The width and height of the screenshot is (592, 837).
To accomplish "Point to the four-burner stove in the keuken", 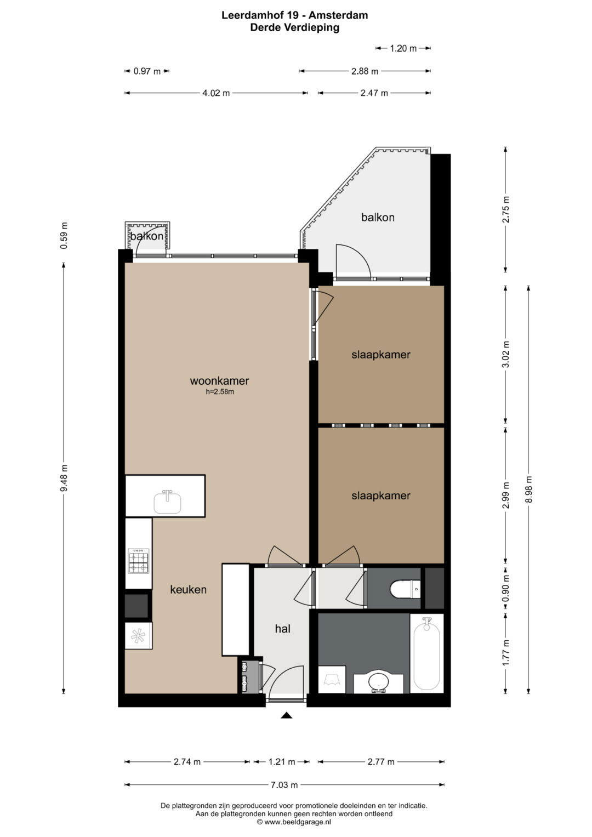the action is [x=138, y=561].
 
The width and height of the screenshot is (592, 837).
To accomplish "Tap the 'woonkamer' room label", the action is [x=219, y=381].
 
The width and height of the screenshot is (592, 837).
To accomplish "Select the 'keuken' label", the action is [x=188, y=589].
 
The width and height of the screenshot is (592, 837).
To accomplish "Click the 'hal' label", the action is [x=282, y=629].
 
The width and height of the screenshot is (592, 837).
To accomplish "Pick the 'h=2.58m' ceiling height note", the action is [x=220, y=392].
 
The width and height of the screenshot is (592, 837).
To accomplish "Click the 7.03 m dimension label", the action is [x=284, y=785].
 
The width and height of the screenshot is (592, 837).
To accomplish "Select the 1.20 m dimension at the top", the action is [x=403, y=48].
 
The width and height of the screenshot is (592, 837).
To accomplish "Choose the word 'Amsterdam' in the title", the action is [x=338, y=15].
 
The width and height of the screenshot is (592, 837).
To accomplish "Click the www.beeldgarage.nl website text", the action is [x=298, y=822].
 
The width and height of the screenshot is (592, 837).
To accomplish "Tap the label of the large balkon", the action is [x=378, y=217].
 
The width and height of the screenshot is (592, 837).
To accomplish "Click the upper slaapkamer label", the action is [x=381, y=354].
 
